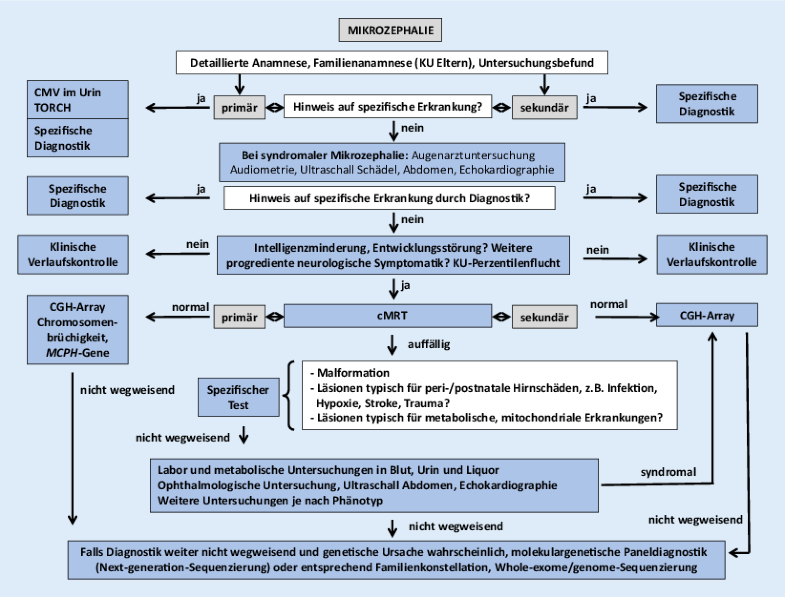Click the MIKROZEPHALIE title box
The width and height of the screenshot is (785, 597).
[x=392, y=30]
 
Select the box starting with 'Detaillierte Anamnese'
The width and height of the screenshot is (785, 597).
[x=392, y=62]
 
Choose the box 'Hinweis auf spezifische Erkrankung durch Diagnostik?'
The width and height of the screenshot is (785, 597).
[x=391, y=198]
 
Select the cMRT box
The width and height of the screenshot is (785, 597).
[x=391, y=316]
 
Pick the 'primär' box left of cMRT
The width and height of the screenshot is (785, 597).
[x=242, y=316]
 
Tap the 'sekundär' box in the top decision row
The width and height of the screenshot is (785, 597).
[x=545, y=104]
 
